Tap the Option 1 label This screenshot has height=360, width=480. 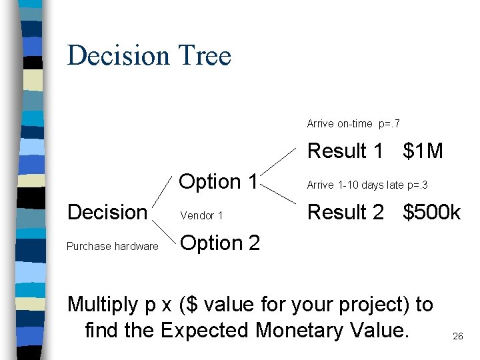(219, 181)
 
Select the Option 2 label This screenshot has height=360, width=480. (220, 243)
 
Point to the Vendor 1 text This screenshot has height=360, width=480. (201, 216)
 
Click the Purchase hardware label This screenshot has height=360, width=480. (113, 247)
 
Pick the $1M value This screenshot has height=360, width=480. (423, 152)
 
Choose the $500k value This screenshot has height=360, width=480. (431, 213)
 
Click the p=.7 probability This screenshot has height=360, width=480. (389, 124)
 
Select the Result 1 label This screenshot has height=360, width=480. (345, 152)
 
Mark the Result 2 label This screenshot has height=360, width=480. (345, 213)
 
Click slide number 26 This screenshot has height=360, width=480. (457, 336)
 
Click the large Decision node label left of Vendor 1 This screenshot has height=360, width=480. (107, 213)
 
